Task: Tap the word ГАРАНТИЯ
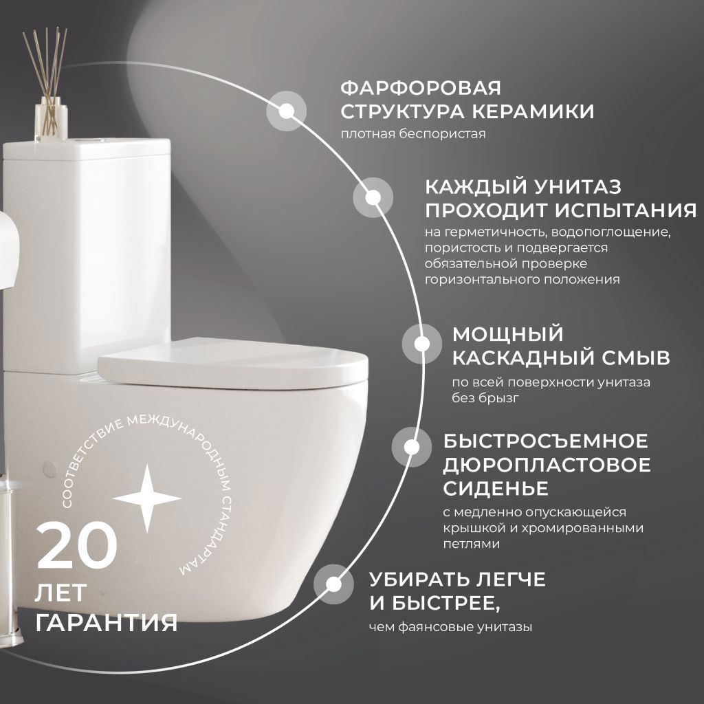[x=107, y=623]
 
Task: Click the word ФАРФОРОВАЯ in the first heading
[x=421, y=89]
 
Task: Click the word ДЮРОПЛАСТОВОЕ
[x=547, y=464]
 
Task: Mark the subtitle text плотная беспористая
[x=413, y=134]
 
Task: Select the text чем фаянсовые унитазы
[x=450, y=626]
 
